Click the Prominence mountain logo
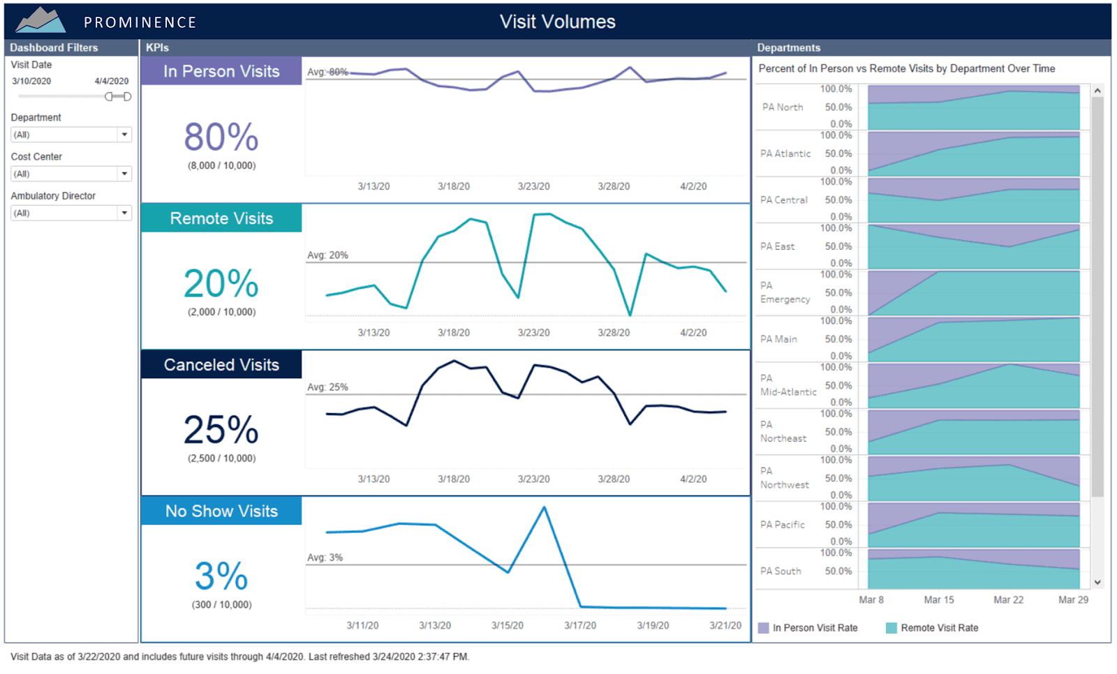(40, 20)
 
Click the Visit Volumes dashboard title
(557, 22)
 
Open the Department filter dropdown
(124, 135)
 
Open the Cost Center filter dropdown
(124, 174)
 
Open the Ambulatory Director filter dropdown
(124, 213)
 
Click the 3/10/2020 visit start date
(31, 81)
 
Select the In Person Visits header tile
(221, 71)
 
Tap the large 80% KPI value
(221, 137)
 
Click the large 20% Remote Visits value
(221, 283)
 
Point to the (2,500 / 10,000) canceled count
(221, 458)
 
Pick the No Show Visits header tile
(221, 511)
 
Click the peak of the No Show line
(545, 507)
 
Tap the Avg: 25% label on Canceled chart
(327, 387)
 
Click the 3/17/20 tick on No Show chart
(580, 625)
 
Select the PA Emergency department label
(785, 292)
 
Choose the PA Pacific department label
(782, 525)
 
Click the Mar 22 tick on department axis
(1008, 600)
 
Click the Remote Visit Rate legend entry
(939, 628)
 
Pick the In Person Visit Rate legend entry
(815, 628)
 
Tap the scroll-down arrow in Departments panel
(1097, 583)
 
